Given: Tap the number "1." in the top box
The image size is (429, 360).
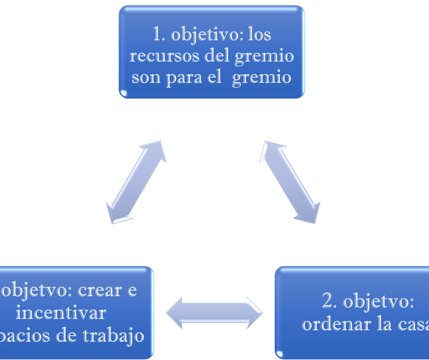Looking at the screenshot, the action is pyautogui.click(x=160, y=35).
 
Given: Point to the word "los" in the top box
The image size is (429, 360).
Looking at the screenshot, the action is pyautogui.click(x=259, y=35).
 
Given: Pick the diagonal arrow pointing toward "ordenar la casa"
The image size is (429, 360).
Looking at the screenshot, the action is pyautogui.click(x=290, y=182).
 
